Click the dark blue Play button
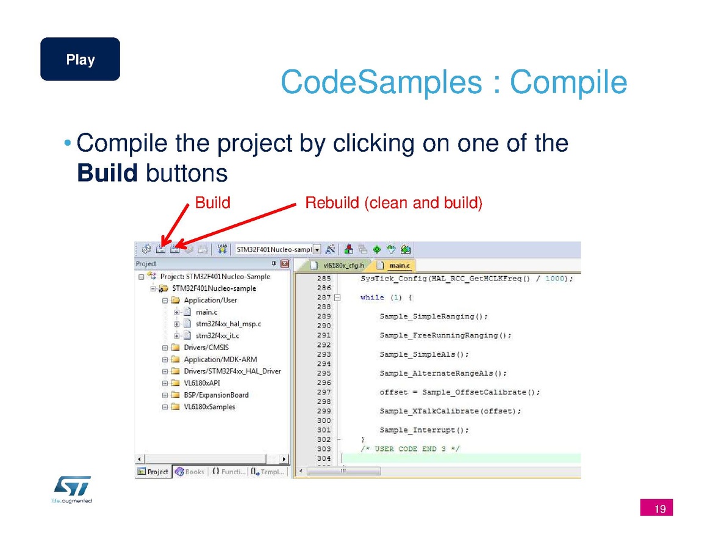(80, 59)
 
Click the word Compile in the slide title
(568, 82)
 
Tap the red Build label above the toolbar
(212, 202)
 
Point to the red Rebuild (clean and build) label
(393, 203)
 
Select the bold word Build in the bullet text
(107, 173)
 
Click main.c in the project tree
(207, 311)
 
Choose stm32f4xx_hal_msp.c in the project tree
(228, 324)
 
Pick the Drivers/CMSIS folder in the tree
(206, 347)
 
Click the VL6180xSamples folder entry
(209, 407)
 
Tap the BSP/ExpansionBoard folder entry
(216, 394)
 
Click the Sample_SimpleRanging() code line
(433, 316)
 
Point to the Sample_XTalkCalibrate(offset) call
(450, 411)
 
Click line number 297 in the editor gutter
(324, 392)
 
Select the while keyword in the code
(371, 297)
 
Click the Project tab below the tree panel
(153, 472)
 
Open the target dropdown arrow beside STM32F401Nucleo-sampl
(317, 249)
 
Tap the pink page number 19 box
(656, 508)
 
